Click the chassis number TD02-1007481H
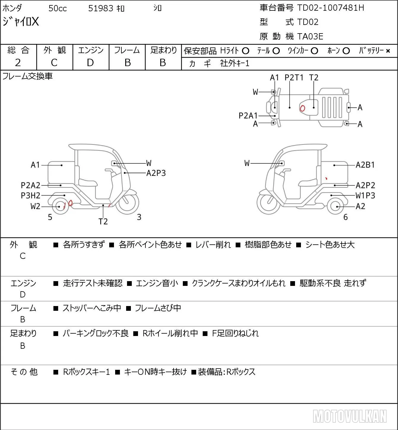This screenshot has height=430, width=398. click(330, 8)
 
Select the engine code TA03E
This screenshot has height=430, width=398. click(310, 36)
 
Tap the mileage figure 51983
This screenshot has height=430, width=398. click(101, 8)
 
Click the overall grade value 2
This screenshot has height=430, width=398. click(18, 63)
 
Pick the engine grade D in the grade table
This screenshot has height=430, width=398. click(90, 63)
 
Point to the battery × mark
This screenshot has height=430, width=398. click(388, 51)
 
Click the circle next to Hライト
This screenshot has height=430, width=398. click(245, 51)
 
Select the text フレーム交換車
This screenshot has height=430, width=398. click(27, 76)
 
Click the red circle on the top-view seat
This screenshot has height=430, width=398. click(302, 108)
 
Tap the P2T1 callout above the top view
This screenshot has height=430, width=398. click(294, 77)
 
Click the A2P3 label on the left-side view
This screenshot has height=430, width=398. click(156, 173)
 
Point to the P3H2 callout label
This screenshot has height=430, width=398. click(31, 195)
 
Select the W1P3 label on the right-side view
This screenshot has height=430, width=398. click(365, 195)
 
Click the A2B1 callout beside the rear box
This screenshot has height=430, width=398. click(365, 165)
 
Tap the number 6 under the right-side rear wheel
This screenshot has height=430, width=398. click(345, 217)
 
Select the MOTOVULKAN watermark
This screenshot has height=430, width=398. click(350, 416)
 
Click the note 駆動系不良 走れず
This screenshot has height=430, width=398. click(333, 283)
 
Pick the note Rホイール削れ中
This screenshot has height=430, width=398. click(170, 333)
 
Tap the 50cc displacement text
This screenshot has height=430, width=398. click(58, 8)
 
